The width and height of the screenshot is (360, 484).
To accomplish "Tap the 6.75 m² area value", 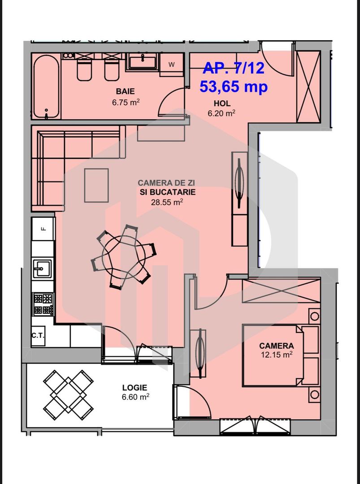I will tap(126, 102).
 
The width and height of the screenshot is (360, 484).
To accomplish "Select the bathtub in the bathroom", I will tap(46, 86).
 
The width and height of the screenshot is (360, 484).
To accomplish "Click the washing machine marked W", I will tap(172, 64).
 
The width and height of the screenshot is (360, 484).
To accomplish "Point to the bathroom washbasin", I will tap(142, 61).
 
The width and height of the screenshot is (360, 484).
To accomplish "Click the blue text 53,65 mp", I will tap(234, 86).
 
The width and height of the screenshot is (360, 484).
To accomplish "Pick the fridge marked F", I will tap(43, 229).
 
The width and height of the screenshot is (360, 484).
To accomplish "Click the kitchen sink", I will tap(43, 270).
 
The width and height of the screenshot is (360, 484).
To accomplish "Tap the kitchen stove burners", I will tap(43, 304).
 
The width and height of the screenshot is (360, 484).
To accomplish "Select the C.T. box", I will tap(38, 335).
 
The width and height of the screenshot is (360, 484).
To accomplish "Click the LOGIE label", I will tap(134, 388).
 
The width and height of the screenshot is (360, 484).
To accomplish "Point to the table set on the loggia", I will tap(68, 394).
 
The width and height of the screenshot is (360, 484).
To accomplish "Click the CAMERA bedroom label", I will tap(276, 346).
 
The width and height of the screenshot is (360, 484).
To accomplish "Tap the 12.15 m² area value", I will tap(276, 354).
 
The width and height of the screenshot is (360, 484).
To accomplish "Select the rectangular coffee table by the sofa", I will tap(96, 185).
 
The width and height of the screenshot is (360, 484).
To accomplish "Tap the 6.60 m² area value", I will tap(134, 397).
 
